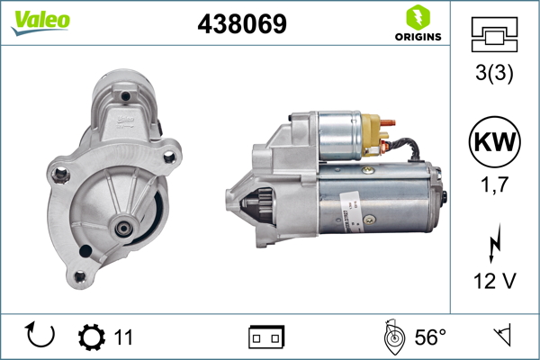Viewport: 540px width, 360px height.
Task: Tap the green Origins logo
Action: coord(415,24)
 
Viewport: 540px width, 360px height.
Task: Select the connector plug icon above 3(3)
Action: coord(495,37)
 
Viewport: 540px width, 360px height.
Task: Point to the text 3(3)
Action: coord(495,76)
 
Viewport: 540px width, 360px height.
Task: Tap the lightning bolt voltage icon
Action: coord(495,244)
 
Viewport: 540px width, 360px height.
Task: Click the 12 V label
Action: coord(495,282)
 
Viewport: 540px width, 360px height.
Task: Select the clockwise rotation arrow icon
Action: coord(40,337)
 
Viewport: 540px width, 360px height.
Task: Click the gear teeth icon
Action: coord(91,337)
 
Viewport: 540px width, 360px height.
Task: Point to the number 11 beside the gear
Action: coord(123,337)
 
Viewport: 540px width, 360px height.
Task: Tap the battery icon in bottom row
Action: coord(265,337)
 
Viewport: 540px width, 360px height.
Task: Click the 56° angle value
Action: coord(430,337)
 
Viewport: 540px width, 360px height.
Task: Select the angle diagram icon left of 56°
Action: coord(391,337)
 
